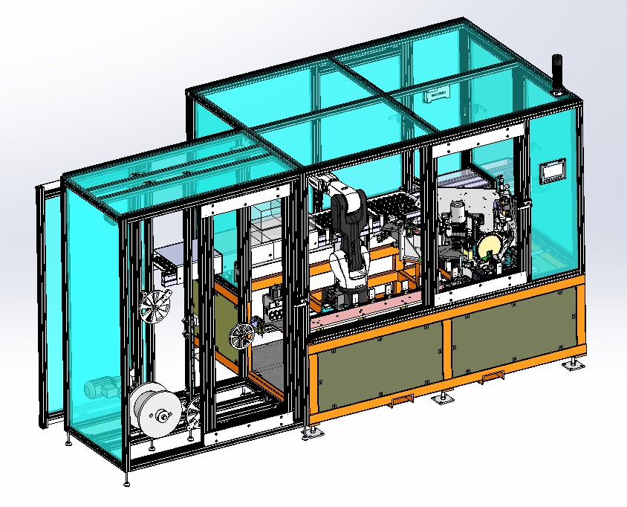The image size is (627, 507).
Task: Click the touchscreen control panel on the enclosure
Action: click(552, 171)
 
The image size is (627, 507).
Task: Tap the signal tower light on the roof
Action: click(556, 74)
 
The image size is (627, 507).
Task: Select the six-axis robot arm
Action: click(350, 230)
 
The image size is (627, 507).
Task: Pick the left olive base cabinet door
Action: click(377, 369)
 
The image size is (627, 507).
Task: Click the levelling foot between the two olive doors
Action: click(445, 398)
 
